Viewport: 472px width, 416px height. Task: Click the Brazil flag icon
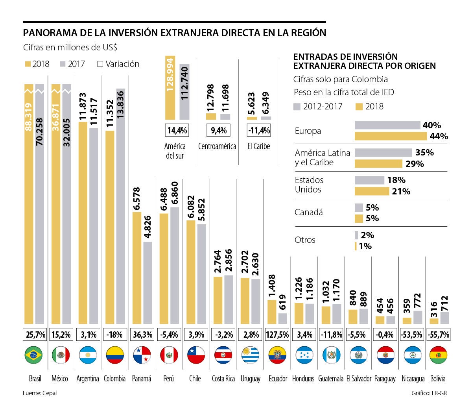[x=33, y=355]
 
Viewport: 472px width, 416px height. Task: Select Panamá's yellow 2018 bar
[x=137, y=268]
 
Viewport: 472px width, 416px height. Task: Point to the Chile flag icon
[x=195, y=355]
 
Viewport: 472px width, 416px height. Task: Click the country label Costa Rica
[x=223, y=379]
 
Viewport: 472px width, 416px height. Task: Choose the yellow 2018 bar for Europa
[x=391, y=136]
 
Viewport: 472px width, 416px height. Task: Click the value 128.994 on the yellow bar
[x=170, y=75]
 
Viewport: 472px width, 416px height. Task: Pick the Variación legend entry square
[x=100, y=64]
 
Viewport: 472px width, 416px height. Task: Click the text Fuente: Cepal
[x=40, y=393]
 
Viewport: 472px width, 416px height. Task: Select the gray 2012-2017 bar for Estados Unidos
[x=369, y=180]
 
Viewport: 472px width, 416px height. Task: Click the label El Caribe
[x=258, y=146]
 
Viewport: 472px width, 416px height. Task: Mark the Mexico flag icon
[x=61, y=355]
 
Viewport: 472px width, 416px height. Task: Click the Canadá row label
[x=308, y=213]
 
